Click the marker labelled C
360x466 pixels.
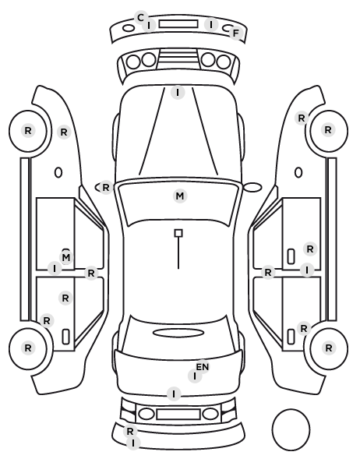(140, 18)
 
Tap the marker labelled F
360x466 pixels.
(236, 34)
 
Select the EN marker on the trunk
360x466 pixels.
(203, 367)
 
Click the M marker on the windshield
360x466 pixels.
(180, 196)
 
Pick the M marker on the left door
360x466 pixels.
(66, 257)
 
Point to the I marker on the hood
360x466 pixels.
(178, 93)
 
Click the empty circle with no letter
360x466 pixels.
(291, 429)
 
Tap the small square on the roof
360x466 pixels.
(178, 233)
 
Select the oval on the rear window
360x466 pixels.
(178, 333)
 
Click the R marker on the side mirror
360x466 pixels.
(106, 188)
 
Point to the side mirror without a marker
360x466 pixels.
(252, 187)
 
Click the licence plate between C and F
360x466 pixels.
(178, 24)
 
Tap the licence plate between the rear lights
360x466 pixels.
(178, 414)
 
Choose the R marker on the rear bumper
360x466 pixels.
(130, 431)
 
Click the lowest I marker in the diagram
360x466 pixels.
(133, 443)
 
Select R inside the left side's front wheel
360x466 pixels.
(28, 130)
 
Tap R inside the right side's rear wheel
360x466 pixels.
(329, 348)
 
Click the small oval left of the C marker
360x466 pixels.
(129, 28)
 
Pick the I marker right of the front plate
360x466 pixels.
(211, 24)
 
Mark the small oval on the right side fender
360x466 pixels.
(298, 172)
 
